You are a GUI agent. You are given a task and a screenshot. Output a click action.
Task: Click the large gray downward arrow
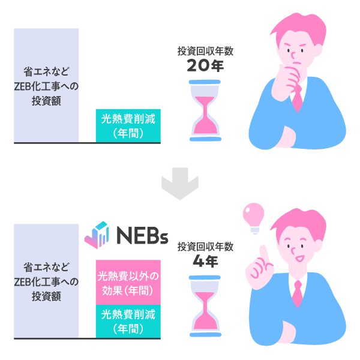[180, 187]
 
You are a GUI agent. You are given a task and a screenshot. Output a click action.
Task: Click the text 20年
[205, 66]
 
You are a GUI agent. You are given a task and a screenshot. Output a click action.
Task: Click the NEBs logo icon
[96, 235]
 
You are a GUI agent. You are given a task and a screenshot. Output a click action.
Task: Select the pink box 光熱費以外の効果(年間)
[128, 282]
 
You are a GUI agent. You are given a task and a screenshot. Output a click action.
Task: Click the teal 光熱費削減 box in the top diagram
[128, 126]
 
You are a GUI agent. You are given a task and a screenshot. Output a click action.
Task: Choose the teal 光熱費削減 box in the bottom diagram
[128, 321]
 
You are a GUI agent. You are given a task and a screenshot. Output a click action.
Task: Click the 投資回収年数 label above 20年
[205, 52]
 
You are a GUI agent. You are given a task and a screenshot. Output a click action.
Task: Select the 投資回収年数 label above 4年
[205, 247]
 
